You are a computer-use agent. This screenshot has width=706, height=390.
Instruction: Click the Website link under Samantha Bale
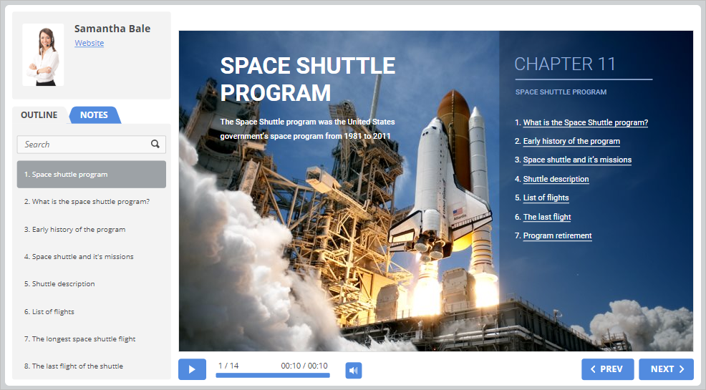coord(90,43)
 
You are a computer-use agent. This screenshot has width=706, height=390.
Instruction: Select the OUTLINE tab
coord(39,114)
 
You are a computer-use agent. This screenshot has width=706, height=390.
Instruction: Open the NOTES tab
coord(94,114)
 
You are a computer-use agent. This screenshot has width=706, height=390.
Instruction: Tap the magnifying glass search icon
coord(155,144)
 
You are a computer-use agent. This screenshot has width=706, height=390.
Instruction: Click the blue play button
coord(193,369)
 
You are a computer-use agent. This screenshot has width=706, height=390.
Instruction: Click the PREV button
coord(607,369)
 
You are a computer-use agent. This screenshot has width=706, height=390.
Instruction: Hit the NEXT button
coord(667,369)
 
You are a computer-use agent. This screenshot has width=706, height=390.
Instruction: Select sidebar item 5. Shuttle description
coord(59,284)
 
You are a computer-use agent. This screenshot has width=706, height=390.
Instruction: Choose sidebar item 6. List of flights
coord(49,312)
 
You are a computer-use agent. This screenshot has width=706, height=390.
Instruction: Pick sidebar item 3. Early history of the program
coord(74,230)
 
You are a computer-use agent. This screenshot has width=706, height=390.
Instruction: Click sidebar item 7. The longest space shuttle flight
coord(79,339)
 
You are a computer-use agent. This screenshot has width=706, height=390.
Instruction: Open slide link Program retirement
coord(557,235)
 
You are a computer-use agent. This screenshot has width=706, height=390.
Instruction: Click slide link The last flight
coord(547,217)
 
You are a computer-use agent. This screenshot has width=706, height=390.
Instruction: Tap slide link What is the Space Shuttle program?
coord(585,122)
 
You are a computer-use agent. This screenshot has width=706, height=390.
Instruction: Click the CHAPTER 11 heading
coord(565,64)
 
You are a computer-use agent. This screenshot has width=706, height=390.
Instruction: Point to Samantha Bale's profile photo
coord(43,55)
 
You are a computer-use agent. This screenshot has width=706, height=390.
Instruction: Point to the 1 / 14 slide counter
coord(228,366)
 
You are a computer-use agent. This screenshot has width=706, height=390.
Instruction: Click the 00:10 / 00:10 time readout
coord(304,366)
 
